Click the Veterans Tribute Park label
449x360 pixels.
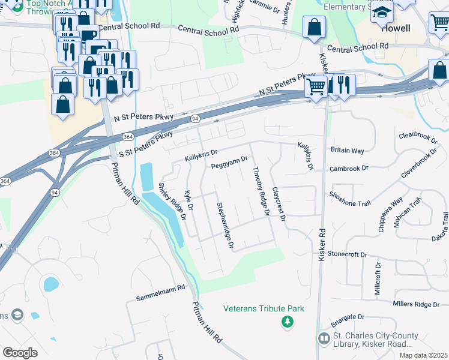point(264,308)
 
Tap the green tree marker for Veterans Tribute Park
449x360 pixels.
point(288,323)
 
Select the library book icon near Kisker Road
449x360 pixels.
point(324,339)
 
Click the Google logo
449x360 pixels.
point(20,352)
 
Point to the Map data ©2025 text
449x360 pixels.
point(424,355)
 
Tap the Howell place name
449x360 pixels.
point(396,28)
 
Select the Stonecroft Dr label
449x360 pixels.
point(347,254)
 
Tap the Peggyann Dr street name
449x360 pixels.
point(229,162)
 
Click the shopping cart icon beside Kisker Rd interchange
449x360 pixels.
point(316,86)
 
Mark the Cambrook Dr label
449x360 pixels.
point(348,169)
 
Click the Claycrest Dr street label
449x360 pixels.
point(277,204)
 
